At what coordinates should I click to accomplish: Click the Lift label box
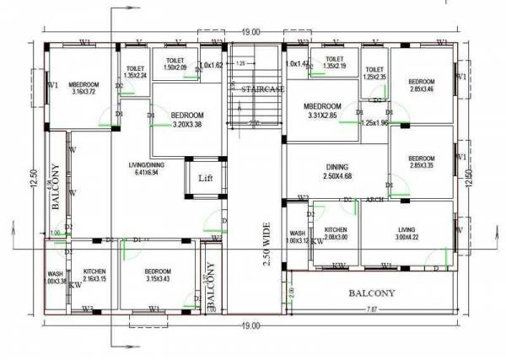pyautogui.click(x=206, y=179)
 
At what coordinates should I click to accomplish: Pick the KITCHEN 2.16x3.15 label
pyautogui.click(x=94, y=276)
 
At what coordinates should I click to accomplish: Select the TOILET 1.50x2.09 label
pyautogui.click(x=175, y=65)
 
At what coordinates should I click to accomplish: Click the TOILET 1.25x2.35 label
pyautogui.click(x=374, y=73)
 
